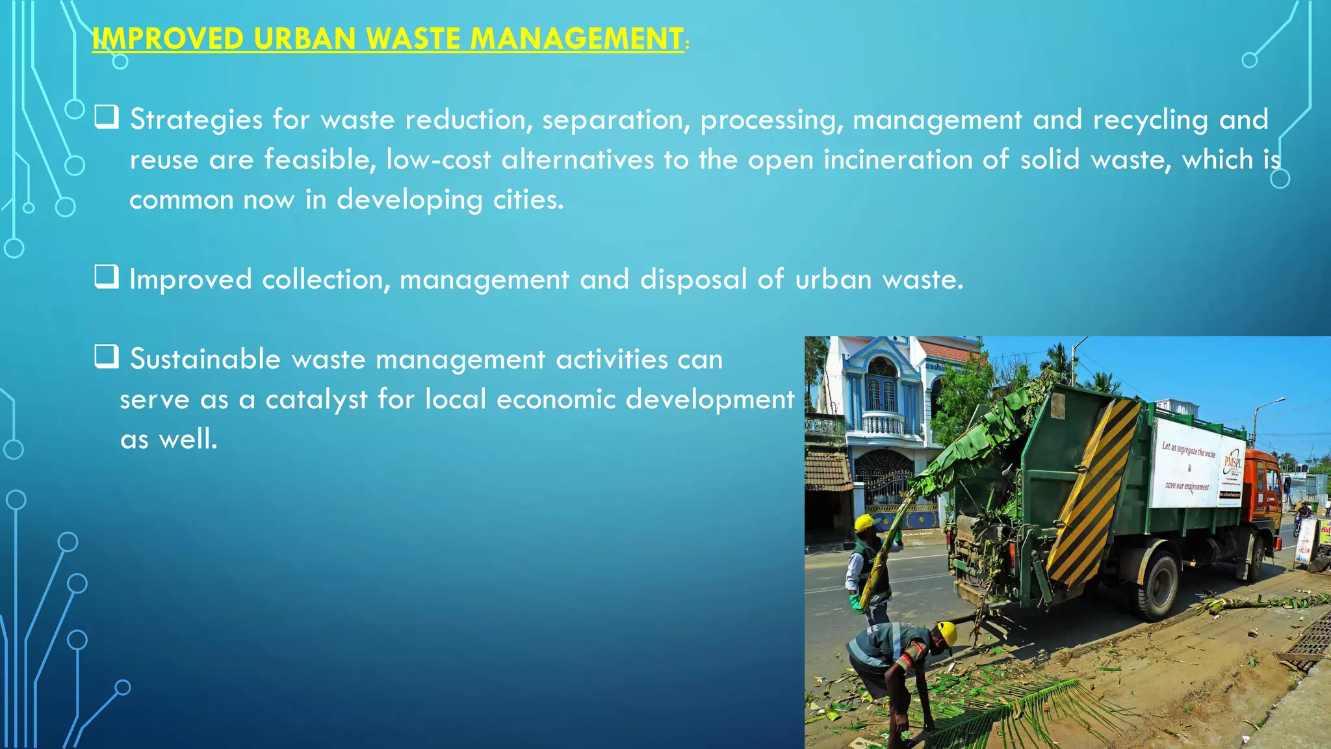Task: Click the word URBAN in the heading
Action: pos(304,38)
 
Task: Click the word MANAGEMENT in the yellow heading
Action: pos(576,38)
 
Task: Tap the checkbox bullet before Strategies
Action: pos(106,117)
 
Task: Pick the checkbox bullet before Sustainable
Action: pos(106,356)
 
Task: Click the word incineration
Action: pos(898,160)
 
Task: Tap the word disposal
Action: pos(693,280)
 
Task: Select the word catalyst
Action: pos(317,399)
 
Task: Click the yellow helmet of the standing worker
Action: pos(864,522)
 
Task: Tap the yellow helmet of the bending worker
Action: pos(947,631)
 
